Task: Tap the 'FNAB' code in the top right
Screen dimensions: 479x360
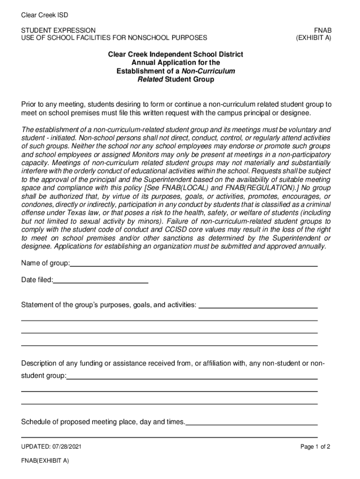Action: point(322,30)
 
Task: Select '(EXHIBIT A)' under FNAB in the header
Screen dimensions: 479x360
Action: point(313,37)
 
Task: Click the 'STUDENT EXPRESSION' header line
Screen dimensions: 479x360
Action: point(58,30)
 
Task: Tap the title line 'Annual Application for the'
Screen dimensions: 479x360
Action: point(175,63)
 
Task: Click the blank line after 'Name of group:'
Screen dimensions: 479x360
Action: point(194,265)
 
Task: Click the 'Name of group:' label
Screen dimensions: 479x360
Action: point(45,263)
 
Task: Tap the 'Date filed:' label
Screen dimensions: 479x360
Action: point(37,280)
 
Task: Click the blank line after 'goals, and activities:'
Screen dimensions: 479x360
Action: point(259,307)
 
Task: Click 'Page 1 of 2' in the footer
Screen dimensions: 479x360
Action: point(315,447)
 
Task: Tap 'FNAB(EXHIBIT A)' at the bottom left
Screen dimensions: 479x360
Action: point(45,461)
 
